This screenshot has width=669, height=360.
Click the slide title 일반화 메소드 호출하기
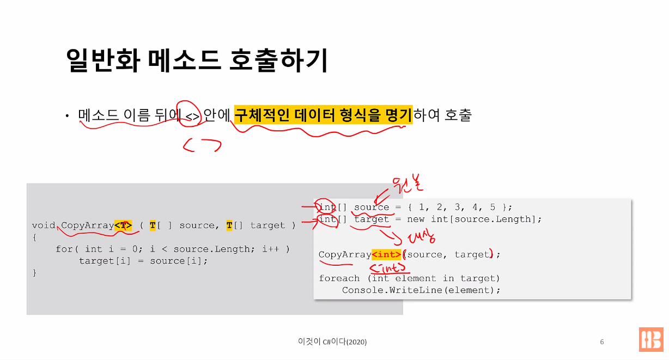[197, 60]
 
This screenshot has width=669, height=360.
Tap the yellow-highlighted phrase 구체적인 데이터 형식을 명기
[323, 115]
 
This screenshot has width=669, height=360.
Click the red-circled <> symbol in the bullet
[193, 116]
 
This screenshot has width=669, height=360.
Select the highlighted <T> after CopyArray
[123, 225]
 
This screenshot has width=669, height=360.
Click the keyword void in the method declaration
[44, 225]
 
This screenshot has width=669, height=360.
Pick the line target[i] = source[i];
[143, 261]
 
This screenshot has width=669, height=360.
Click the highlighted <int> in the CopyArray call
[387, 254]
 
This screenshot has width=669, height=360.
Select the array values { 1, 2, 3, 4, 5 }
[462, 207]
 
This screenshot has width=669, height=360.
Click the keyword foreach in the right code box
[339, 278]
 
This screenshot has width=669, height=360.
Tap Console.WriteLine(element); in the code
[421, 290]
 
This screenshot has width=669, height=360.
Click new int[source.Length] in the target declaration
[474, 219]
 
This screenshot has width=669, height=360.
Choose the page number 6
[602, 342]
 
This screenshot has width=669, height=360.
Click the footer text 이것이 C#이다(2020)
[332, 342]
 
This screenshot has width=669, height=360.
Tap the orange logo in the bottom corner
[651, 339]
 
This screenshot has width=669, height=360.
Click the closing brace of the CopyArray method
[34, 272]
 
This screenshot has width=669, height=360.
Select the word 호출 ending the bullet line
[458, 115]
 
